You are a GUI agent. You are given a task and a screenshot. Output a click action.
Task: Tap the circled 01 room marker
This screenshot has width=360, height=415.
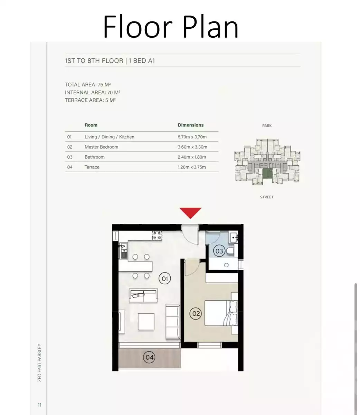coord(164,278)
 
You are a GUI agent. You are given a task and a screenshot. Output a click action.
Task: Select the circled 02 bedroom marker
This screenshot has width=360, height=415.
coord(196,314)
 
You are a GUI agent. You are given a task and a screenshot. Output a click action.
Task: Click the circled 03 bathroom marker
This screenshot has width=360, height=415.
coord(219,251)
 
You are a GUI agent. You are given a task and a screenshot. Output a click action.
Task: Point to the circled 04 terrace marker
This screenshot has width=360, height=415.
coord(149,357)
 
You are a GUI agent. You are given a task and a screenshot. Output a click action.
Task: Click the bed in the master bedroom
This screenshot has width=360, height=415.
coord(220,313)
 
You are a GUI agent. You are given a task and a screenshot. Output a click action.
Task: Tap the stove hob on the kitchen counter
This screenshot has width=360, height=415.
coord(157,235)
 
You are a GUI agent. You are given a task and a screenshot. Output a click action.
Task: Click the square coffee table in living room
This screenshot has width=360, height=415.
coord(146,321)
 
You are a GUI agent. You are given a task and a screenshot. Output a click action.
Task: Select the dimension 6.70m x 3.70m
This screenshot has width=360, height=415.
coord(192,137)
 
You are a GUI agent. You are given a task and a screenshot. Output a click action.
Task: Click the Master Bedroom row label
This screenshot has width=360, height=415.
coord(101,147)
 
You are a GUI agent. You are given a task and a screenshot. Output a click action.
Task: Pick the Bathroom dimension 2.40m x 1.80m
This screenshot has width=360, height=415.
coord(192,157)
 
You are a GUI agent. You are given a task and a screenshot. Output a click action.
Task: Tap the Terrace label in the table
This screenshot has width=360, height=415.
coord(92,167)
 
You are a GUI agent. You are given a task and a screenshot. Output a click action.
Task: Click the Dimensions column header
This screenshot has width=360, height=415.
coord(191,125)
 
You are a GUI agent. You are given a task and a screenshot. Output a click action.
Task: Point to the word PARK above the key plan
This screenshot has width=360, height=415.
coord(267,126)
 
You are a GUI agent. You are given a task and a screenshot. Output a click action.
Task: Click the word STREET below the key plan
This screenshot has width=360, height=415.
coord(267,197)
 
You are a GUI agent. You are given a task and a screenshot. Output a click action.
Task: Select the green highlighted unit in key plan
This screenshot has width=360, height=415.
coord(267,173)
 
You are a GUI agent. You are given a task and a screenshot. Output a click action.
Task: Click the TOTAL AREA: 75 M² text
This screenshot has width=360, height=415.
coord(88,85)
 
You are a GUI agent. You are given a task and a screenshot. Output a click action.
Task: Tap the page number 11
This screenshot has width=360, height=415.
coord(39,405)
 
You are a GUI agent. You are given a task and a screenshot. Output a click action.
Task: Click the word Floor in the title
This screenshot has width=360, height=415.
coord(137,27)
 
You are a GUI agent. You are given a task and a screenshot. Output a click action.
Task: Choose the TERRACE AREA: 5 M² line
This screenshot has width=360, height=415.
coord(90,100)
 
